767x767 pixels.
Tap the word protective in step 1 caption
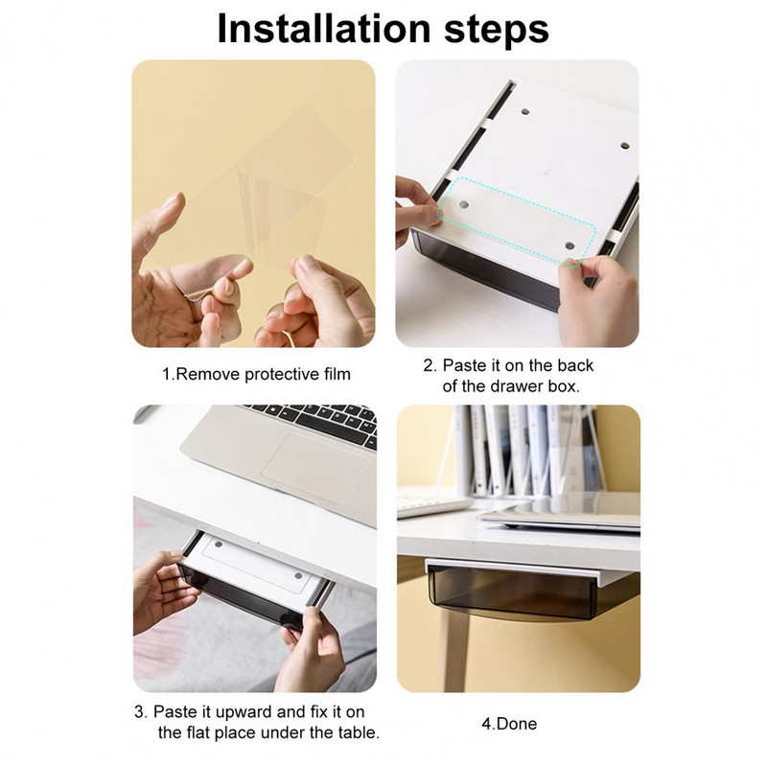click(x=275, y=375)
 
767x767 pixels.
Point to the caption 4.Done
click(x=509, y=724)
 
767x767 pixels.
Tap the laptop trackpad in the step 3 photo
click(x=314, y=465)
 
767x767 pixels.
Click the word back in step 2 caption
click(x=576, y=365)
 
